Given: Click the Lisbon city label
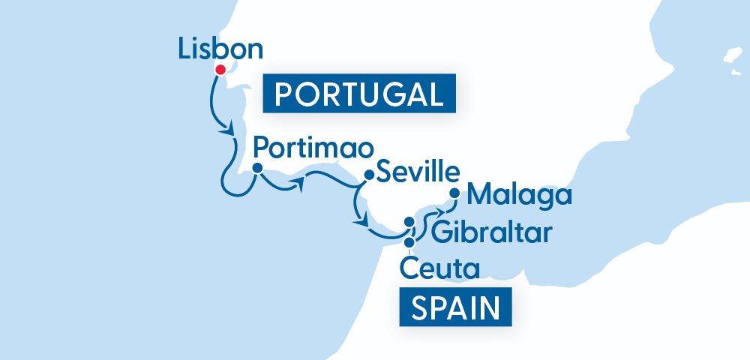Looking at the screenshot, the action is click(x=221, y=50).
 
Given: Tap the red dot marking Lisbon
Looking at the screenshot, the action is click(x=220, y=70).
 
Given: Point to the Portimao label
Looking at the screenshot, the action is click(x=312, y=145).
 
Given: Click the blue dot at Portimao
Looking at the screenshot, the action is click(x=257, y=168).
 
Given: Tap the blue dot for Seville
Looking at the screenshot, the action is click(x=368, y=175).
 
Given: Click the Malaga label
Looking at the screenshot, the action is click(x=518, y=196).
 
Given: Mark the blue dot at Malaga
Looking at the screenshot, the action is click(x=454, y=193).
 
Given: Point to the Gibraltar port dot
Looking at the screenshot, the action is click(x=409, y=222).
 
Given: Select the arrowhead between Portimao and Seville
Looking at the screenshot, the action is click(x=299, y=184).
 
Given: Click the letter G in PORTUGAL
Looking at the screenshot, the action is click(x=387, y=94).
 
